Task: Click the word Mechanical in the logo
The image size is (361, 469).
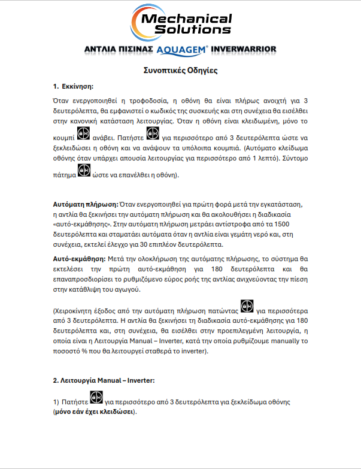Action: [185, 19]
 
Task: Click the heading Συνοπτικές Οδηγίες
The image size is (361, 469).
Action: [180, 70]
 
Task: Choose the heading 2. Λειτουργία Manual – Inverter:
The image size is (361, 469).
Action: [103, 380]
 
